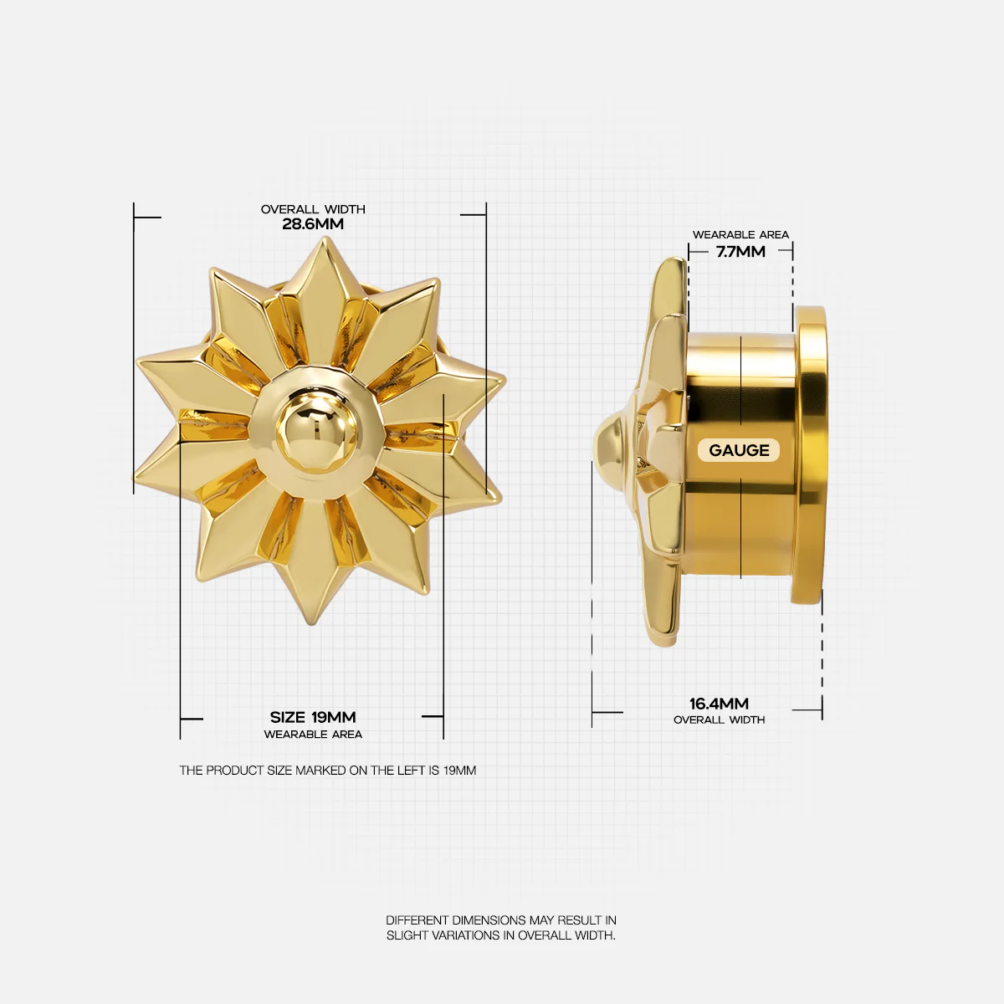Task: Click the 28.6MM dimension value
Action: click(313, 224)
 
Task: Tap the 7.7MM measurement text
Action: click(740, 252)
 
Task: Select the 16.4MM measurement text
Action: click(719, 704)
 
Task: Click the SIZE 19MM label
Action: click(313, 717)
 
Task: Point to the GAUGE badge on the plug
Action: click(739, 450)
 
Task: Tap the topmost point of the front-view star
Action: click(326, 238)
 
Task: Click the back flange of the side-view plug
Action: click(810, 455)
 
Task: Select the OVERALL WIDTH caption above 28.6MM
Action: click(313, 209)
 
